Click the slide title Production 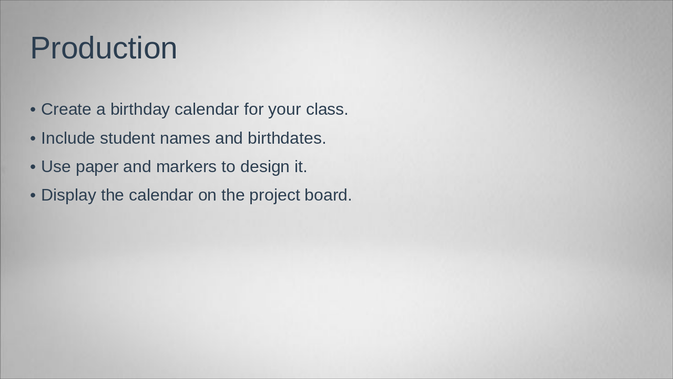coord(104,48)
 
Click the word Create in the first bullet coord(66,109)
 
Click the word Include coord(68,138)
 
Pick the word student coord(127,138)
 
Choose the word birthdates coord(287,138)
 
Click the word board coord(328,195)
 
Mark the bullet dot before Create coord(33,109)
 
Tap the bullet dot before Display coord(33,195)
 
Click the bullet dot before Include coord(33,138)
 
